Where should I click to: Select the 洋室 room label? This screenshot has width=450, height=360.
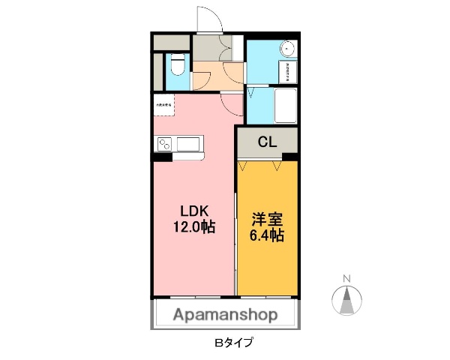[x=266, y=219]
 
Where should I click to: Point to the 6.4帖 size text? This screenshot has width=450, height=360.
[x=266, y=235]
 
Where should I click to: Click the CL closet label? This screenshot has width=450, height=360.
[x=267, y=141]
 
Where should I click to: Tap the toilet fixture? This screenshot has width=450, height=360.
[x=177, y=67]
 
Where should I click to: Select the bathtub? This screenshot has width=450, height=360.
[x=285, y=106]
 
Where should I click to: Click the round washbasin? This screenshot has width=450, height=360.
[x=287, y=49]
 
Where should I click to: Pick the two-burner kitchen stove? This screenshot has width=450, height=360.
[x=166, y=143]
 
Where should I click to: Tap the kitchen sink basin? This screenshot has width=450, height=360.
[x=190, y=143]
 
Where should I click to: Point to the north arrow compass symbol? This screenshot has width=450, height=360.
[x=346, y=301]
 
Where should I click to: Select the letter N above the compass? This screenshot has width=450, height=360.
[x=346, y=280]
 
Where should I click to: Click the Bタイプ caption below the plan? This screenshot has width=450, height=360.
[x=233, y=343]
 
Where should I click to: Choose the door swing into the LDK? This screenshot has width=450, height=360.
[x=233, y=102]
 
